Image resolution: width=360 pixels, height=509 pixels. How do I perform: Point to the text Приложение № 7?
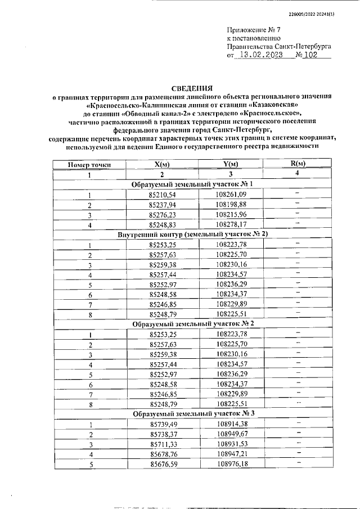point(253,29)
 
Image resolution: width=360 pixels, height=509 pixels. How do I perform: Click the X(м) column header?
point(161,164)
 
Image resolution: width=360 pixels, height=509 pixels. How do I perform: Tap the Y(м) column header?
point(231,164)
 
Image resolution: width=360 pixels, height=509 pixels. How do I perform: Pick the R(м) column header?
point(297,164)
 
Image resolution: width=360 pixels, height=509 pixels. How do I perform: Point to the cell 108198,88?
point(231,204)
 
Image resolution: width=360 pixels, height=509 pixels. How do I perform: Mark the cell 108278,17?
point(231,224)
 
